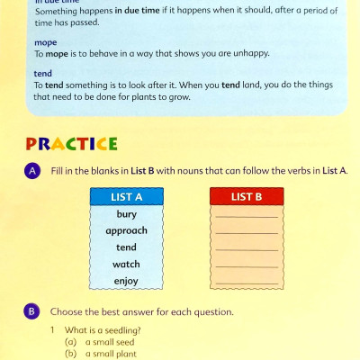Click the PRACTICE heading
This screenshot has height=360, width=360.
pos(72,143)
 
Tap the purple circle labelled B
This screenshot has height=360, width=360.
pos(32,311)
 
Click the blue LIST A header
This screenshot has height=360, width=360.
pos(126,196)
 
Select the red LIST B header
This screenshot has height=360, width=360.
pos(247,196)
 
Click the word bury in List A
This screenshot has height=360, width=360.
pos(126,214)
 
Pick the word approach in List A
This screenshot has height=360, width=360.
pos(126,230)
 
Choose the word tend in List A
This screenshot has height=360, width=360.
pos(126,247)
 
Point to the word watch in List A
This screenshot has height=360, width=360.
pos(126,265)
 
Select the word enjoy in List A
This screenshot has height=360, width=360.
pos(126,281)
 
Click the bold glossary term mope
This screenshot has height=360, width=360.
pos(45,41)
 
